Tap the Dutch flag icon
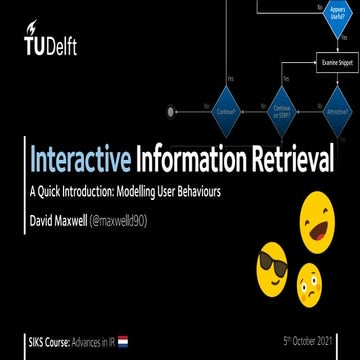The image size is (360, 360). pyautogui.click(x=123, y=342)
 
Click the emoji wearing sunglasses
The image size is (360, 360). pyautogui.click(x=272, y=269)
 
